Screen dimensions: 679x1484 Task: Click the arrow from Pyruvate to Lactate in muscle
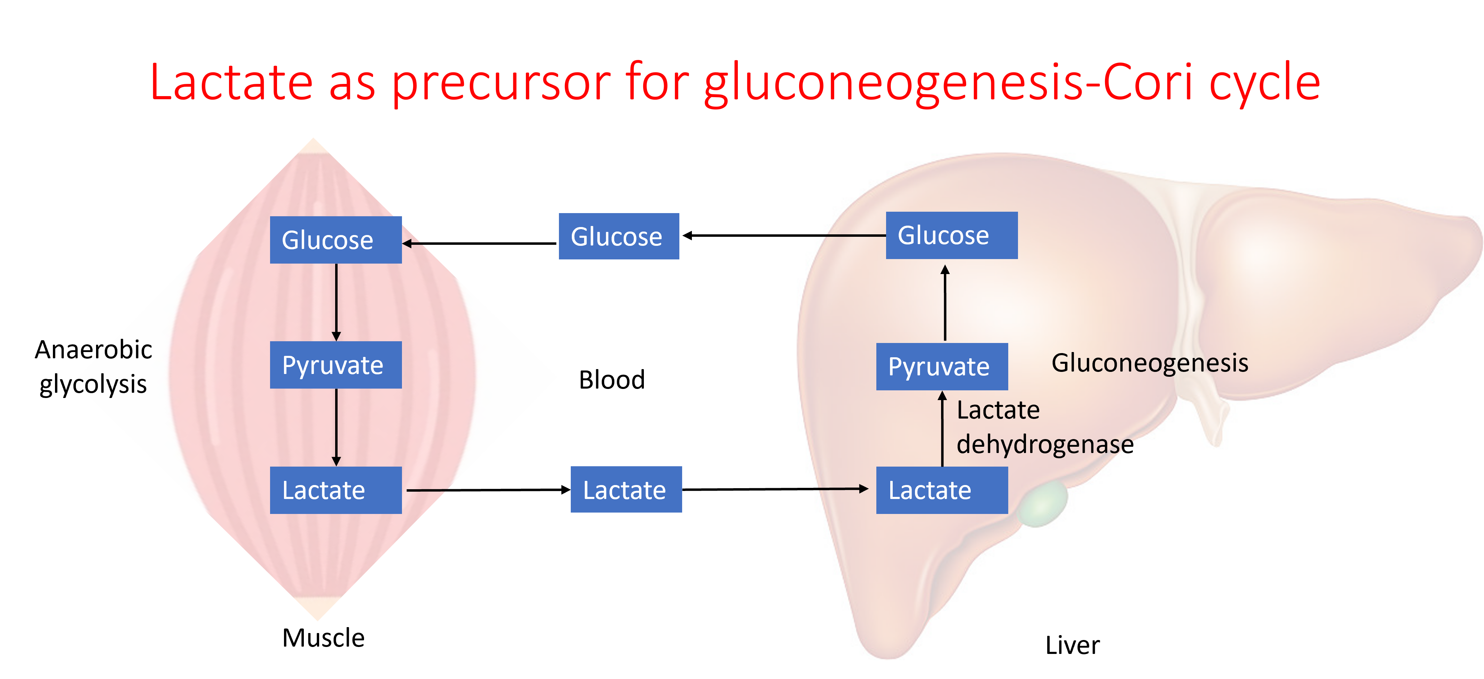point(337,427)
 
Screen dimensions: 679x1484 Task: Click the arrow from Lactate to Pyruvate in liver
point(942,429)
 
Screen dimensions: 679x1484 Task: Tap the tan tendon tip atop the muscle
point(313,146)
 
